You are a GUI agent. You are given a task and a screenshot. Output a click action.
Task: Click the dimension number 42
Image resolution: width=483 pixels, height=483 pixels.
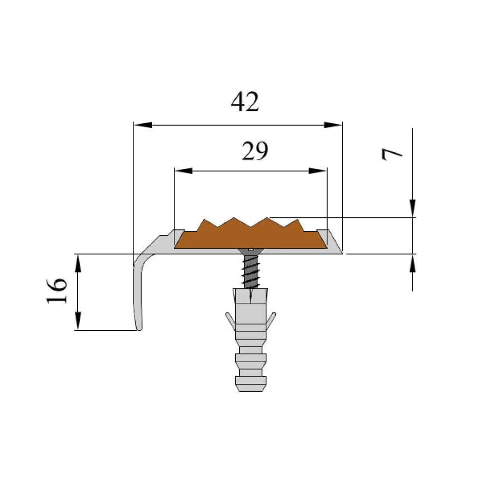click(x=245, y=101)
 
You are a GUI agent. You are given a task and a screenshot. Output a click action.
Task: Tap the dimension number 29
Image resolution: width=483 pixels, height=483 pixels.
click(x=255, y=151)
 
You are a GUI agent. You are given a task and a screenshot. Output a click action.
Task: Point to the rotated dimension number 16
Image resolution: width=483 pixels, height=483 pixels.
click(x=57, y=291)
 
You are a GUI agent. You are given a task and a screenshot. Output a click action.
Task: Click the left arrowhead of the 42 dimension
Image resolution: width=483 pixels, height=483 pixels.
click(x=143, y=125)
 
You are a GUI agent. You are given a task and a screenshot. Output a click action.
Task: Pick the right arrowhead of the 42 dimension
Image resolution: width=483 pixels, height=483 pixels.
click(x=333, y=125)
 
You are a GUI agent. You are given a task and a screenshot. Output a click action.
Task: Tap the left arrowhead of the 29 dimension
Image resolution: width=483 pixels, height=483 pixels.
click(x=184, y=170)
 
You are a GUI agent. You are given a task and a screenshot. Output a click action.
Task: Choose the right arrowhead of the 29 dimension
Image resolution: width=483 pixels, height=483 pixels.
click(x=318, y=170)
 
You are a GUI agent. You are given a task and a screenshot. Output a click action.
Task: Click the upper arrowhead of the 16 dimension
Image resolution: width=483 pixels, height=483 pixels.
click(x=78, y=263)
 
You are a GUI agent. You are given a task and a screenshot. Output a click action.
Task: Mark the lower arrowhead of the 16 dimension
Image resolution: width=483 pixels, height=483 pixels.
click(x=78, y=321)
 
